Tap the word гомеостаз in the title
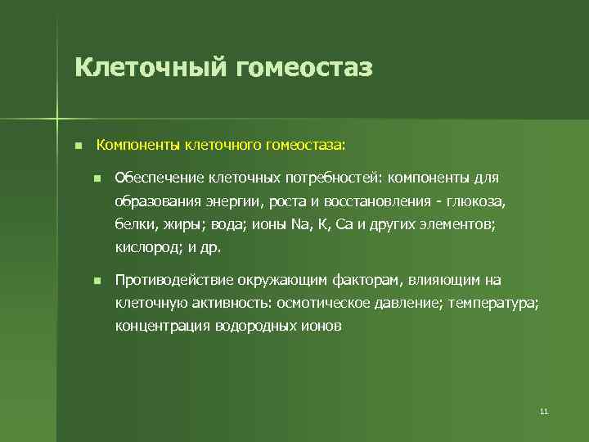(x=303, y=66)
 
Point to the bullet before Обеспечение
(x=97, y=178)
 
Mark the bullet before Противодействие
(x=97, y=281)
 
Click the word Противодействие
(x=174, y=281)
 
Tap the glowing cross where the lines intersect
(x=58, y=115)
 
